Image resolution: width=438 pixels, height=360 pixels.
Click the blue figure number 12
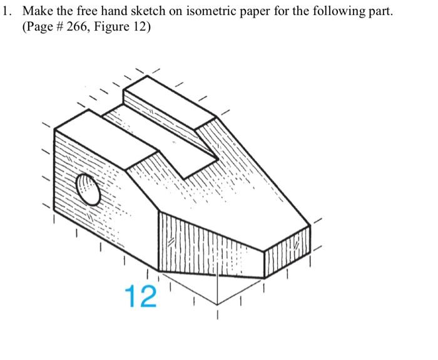click(140, 296)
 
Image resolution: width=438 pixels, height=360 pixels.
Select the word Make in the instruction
click(39, 13)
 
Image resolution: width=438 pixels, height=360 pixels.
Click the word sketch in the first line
click(146, 13)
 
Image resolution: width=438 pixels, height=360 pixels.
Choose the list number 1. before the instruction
click(8, 13)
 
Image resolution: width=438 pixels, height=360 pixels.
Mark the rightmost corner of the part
click(310, 224)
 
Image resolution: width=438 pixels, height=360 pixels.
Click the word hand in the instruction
click(114, 13)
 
